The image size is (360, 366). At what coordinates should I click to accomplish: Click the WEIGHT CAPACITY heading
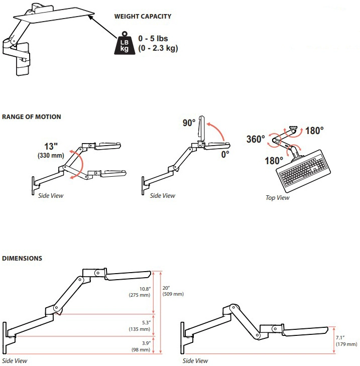(143, 17)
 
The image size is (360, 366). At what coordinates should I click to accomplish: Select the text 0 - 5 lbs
(156, 39)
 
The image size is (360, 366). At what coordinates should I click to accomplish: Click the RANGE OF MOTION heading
(32, 117)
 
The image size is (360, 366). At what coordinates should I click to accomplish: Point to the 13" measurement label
(51, 146)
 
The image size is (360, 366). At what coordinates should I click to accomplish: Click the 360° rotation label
(256, 139)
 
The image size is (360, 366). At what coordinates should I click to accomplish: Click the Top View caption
(278, 198)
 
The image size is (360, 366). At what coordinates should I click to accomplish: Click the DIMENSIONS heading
(22, 259)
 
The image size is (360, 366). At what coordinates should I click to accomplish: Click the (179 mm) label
(346, 344)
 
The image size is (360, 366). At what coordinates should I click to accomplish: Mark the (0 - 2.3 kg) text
(159, 49)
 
